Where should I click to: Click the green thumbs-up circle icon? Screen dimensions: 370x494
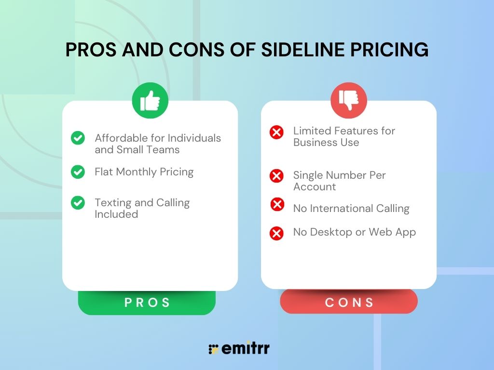pos(150,101)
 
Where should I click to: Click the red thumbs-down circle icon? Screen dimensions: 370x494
pos(349,100)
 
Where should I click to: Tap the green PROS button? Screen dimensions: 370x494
pos(147,303)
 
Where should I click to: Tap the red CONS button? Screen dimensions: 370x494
pos(349,302)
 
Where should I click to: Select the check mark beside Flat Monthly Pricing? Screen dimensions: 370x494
pos(78,172)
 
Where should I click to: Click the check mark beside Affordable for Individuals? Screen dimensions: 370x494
pos(78,138)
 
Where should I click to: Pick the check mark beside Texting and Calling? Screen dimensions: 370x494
pos(78,203)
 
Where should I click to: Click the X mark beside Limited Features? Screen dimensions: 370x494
pos(276,132)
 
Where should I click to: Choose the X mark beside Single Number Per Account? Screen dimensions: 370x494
pos(276,176)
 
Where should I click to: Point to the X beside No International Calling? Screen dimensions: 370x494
pos(277,205)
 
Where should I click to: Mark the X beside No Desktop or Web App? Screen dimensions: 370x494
pos(276,234)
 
